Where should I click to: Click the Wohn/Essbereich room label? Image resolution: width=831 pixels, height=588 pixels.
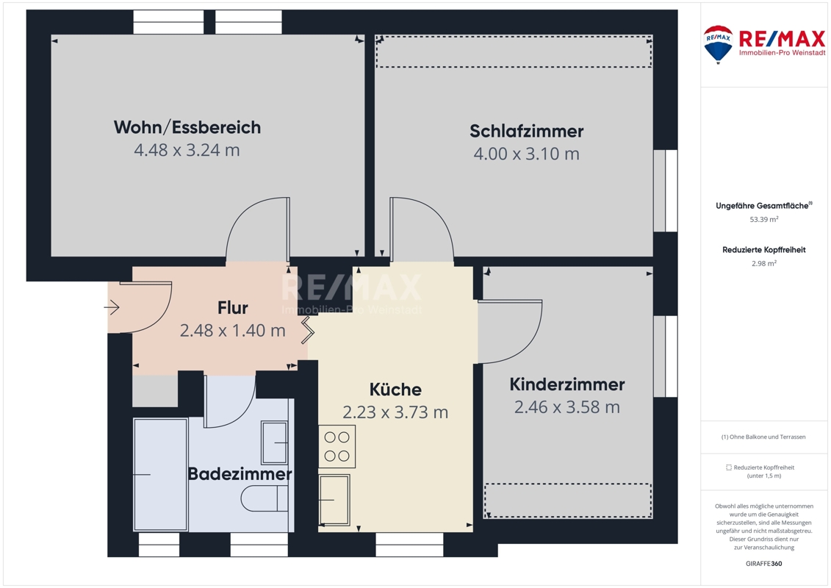[187, 127]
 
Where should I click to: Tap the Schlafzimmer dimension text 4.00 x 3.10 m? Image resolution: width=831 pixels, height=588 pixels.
[526, 154]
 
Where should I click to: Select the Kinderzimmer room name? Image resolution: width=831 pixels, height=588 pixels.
[567, 384]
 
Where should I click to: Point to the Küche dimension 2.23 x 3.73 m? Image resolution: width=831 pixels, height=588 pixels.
[395, 412]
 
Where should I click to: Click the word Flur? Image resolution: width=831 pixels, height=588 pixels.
[233, 307]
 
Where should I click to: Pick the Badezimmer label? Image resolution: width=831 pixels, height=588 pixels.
[240, 473]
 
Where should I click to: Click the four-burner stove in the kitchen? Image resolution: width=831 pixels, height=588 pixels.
[337, 446]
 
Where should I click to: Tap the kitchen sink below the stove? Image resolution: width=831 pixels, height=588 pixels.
[334, 500]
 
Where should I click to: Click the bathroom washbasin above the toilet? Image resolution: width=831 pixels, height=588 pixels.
[275, 442]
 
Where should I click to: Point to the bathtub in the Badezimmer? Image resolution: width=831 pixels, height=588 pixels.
[160, 475]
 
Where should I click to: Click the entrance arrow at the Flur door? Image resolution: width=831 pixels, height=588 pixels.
[112, 307]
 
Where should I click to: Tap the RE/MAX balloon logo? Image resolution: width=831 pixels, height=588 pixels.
[718, 45]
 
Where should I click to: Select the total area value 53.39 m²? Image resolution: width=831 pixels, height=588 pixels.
[763, 219]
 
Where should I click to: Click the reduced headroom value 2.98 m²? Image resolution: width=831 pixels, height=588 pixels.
[763, 263]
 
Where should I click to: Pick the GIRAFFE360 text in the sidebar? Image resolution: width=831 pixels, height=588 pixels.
[763, 564]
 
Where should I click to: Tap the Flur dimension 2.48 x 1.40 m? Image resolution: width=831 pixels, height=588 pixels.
[233, 330]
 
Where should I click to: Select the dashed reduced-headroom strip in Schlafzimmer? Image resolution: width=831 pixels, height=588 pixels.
[514, 51]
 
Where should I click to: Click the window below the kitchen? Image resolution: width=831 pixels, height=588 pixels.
[409, 545]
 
